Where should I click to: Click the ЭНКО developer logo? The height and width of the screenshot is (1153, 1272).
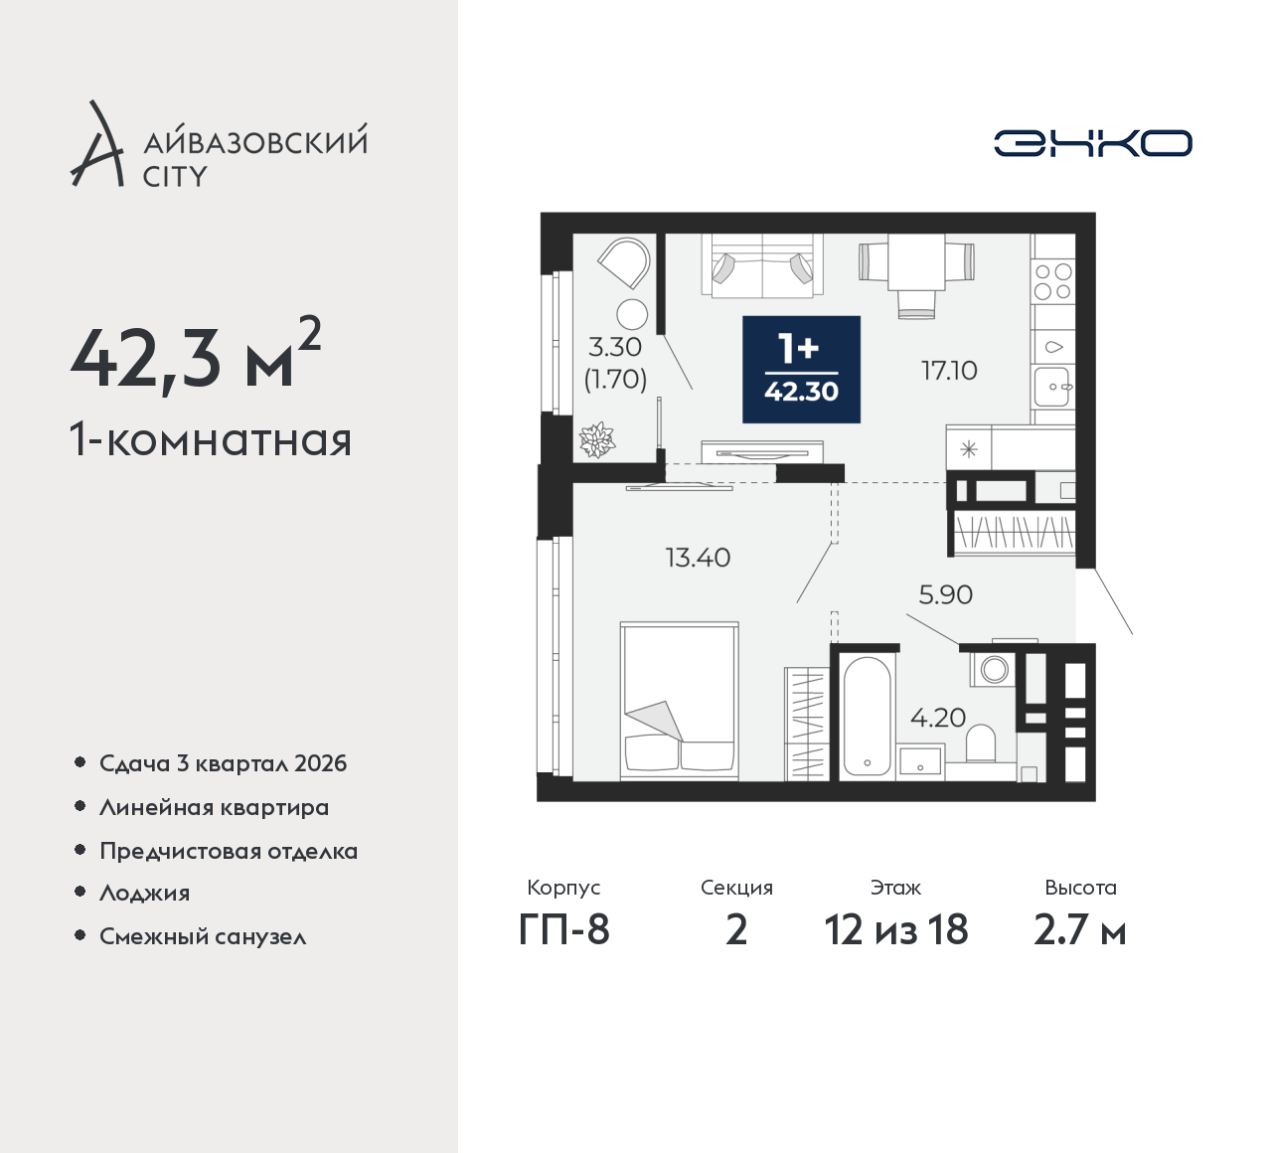(x=1092, y=143)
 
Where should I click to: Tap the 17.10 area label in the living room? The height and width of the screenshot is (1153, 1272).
(x=949, y=371)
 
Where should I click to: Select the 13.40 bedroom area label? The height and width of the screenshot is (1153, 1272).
(x=699, y=558)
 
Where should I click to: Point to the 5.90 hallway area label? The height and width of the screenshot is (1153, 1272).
(x=945, y=594)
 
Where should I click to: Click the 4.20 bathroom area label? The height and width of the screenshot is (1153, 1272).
(x=938, y=718)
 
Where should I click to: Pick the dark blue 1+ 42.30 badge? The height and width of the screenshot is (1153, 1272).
(x=802, y=369)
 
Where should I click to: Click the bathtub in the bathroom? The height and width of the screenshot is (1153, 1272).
(x=867, y=717)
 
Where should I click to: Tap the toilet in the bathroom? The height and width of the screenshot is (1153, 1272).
(x=980, y=743)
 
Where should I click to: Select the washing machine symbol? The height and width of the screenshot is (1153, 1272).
(x=993, y=668)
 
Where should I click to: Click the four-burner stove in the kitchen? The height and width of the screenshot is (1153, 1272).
(x=1052, y=281)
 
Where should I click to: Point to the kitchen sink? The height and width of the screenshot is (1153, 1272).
(x=1053, y=387)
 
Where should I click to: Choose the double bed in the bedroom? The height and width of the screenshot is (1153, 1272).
(x=679, y=701)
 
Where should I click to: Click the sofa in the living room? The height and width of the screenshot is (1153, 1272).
(x=761, y=264)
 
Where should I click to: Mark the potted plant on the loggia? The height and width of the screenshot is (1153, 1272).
(x=596, y=439)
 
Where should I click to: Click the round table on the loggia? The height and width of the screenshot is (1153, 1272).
(x=632, y=314)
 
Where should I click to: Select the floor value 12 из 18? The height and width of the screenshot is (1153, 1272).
(x=896, y=930)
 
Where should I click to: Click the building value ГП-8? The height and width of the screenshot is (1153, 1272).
(x=564, y=930)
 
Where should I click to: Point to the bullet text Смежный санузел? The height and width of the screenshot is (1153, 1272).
(x=203, y=936)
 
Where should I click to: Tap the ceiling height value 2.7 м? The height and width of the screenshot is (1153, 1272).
(x=1080, y=930)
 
